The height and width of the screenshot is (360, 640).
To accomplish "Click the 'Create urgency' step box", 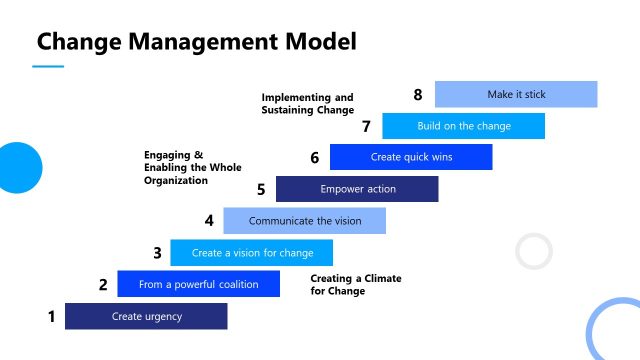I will click(146, 317).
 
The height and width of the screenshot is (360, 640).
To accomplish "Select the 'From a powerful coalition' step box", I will click(198, 284).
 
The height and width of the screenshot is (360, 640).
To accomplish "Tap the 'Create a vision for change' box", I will click(252, 253).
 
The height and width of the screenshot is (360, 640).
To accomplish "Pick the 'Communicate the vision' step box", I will click(304, 221).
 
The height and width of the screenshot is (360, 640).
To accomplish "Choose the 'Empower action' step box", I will click(357, 189).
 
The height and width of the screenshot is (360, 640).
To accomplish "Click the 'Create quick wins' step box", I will click(411, 157).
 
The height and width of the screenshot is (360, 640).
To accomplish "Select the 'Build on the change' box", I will click(464, 126).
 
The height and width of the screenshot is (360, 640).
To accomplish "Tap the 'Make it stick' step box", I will click(516, 94).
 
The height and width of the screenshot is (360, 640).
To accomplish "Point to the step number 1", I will click(51, 317).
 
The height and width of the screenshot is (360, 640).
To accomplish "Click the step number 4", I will click(209, 221).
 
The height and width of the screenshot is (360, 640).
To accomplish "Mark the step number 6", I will click(315, 158).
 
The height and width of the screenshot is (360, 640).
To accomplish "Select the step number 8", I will click(419, 95).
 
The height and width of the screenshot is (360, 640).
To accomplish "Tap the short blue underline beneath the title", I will click(48, 67).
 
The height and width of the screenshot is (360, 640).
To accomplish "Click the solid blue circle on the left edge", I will click(17, 167).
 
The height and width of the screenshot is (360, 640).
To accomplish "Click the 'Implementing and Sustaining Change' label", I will click(308, 103).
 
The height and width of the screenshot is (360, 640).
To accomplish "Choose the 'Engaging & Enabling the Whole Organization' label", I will click(193, 168).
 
